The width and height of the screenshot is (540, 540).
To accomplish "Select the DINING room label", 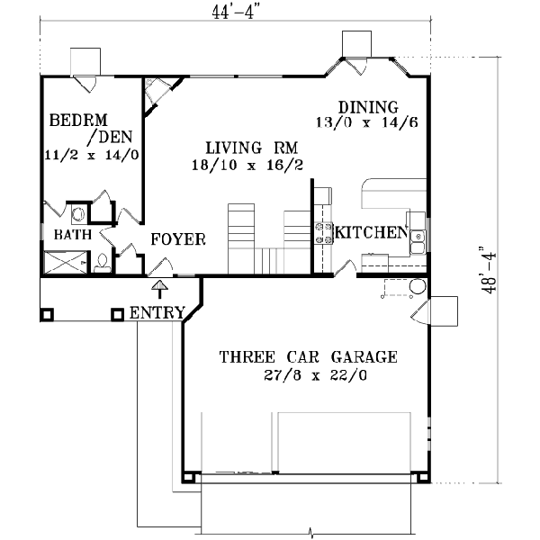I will click(364, 103).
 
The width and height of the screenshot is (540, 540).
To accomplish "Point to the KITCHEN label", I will click(371, 233).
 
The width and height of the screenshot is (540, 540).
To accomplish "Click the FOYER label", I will click(178, 239).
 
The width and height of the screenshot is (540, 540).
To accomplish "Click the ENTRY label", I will click(157, 314).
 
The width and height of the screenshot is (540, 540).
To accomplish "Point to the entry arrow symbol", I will click(159, 288).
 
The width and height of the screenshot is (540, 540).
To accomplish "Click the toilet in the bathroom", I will click(102, 263).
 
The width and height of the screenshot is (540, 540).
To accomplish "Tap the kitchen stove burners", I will click(322, 233).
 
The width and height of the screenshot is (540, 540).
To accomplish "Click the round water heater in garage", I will click(418, 288).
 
